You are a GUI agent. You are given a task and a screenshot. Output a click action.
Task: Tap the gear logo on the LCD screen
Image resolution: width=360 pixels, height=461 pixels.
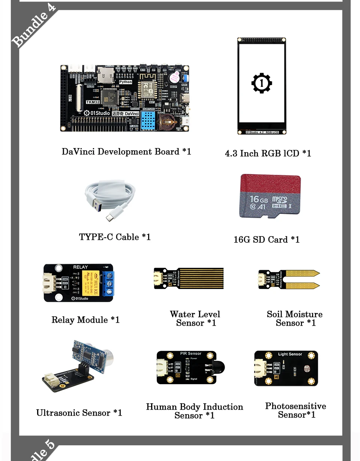(261, 83)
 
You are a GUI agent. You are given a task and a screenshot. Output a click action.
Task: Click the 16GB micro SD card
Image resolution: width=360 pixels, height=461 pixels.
(270, 196)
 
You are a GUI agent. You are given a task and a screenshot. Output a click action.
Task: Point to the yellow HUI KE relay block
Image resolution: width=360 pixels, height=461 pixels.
(91, 283)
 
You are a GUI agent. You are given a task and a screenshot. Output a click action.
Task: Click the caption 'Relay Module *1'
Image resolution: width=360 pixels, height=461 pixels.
(85, 320)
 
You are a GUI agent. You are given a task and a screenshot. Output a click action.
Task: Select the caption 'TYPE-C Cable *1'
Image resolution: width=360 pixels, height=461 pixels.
(115, 237)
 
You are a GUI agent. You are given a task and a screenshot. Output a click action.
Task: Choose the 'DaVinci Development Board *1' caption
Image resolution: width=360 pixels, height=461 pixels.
(126, 151)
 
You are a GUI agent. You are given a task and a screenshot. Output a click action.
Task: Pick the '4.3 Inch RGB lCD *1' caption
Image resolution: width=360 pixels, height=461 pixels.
(268, 153)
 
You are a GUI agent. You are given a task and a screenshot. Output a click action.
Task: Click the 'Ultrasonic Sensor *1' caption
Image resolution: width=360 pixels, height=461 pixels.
(79, 413)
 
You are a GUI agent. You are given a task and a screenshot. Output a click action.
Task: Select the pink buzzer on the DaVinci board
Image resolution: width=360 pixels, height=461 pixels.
(174, 78)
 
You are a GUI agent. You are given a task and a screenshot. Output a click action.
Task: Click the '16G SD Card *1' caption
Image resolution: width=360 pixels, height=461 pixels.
(266, 239)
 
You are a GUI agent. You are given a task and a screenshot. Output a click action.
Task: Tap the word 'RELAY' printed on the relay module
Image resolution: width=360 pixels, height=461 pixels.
(81, 267)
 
